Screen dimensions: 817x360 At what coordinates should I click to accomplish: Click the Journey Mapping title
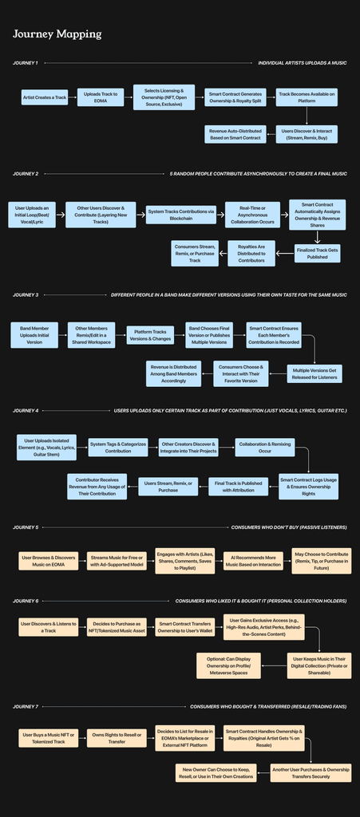pos(57,34)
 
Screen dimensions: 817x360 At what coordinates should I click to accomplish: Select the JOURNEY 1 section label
pos(25,62)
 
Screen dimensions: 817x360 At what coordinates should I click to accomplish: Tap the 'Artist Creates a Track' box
pos(44,97)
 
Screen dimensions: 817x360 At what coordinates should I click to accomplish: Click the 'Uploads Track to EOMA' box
pos(101,97)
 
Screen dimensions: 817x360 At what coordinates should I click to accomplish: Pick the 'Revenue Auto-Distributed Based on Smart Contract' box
pos(235,133)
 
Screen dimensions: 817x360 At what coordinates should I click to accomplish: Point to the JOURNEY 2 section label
pos(26,173)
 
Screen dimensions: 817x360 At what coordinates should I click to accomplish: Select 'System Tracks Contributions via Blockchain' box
pos(181,214)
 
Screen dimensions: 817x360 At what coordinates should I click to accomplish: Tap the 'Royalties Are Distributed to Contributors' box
pos(251,252)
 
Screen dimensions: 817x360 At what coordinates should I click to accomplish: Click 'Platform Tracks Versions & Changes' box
pos(150,334)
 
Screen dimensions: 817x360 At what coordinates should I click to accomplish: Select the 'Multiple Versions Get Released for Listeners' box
pos(317,373)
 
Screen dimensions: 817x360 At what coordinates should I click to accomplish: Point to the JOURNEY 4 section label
pos(26,410)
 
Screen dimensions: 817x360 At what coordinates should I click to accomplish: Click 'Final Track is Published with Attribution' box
pos(235,486)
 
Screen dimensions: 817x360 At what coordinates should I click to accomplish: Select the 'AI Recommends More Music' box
pos(237,561)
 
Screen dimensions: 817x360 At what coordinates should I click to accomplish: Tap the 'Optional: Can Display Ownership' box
pos(228,665)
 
